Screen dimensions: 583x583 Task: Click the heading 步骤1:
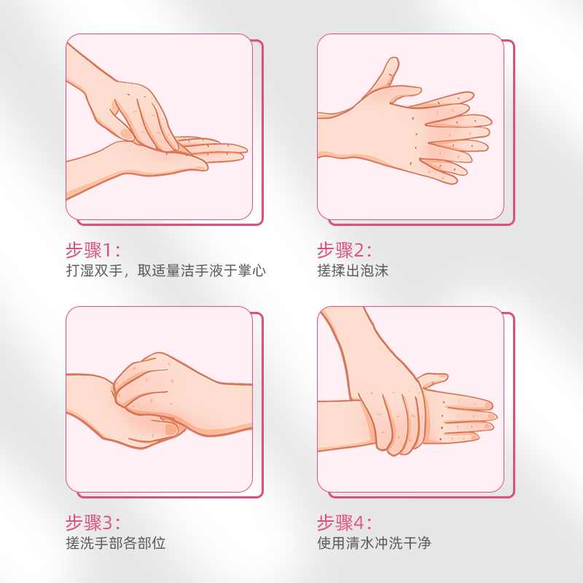tap(93, 250)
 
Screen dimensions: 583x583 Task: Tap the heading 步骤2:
tap(344, 250)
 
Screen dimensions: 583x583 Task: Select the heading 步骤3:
tap(93, 523)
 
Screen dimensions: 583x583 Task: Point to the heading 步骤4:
tap(344, 523)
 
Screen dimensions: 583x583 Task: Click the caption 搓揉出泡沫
tap(353, 270)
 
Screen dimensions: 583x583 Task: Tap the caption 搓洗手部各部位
tap(116, 543)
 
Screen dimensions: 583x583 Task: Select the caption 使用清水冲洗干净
tap(374, 543)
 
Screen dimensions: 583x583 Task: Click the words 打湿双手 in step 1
tap(95, 270)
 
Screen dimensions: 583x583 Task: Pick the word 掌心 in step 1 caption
tap(251, 270)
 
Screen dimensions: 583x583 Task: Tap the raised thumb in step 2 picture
tap(387, 72)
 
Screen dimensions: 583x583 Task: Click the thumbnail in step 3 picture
tap(171, 429)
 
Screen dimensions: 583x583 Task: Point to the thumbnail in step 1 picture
tap(125, 134)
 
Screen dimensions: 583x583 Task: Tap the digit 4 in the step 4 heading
tap(359, 523)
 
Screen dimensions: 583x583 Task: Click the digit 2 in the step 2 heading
tap(359, 250)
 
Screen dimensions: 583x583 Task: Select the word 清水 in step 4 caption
tap(360, 543)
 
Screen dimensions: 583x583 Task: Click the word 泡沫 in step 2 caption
tap(374, 270)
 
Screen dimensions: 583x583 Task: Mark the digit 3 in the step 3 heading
tap(107, 523)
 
